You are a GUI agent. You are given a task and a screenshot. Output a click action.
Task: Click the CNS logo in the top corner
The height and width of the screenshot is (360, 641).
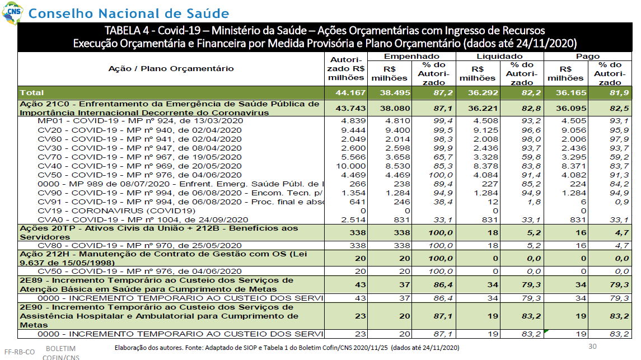click(x=13, y=12)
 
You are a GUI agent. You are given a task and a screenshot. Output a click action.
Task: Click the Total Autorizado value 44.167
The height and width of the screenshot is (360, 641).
click(x=350, y=93)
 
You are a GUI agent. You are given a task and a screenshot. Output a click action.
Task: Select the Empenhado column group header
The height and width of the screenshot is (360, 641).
click(x=411, y=57)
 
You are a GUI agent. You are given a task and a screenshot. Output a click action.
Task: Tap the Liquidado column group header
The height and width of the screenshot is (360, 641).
click(x=499, y=57)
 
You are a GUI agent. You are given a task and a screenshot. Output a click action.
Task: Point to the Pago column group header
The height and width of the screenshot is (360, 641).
click(x=588, y=57)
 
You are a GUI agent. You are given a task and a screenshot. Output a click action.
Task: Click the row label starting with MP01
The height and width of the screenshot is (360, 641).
click(x=140, y=121)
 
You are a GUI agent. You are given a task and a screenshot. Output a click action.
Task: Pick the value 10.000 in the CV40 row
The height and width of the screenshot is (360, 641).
click(x=351, y=166)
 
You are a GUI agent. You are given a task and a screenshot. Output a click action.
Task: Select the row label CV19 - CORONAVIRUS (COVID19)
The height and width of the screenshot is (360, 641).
click(x=116, y=211)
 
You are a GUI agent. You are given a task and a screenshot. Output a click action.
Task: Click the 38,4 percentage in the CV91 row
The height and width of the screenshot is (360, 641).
click(x=443, y=202)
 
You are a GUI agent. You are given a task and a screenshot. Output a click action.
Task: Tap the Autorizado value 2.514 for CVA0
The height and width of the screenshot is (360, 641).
click(x=353, y=220)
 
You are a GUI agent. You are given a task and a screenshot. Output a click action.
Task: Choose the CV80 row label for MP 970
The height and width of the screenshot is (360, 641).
click(x=139, y=246)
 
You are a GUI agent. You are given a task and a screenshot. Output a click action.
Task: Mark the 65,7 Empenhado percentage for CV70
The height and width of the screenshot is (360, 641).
click(x=443, y=157)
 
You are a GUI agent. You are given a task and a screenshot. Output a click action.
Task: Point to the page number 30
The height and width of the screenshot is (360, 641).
click(x=592, y=347)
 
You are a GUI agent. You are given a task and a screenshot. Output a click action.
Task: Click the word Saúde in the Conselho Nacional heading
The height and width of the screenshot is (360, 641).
click(x=208, y=13)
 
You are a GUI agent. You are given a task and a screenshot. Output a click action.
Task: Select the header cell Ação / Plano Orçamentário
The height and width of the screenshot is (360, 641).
click(x=171, y=69)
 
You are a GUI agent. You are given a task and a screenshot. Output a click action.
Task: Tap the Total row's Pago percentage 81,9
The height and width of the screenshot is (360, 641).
click(x=619, y=93)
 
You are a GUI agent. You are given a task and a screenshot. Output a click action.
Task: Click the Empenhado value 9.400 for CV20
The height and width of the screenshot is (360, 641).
click(x=398, y=130)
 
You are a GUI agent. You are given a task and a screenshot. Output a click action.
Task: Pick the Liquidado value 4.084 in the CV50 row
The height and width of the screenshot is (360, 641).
click(x=486, y=175)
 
